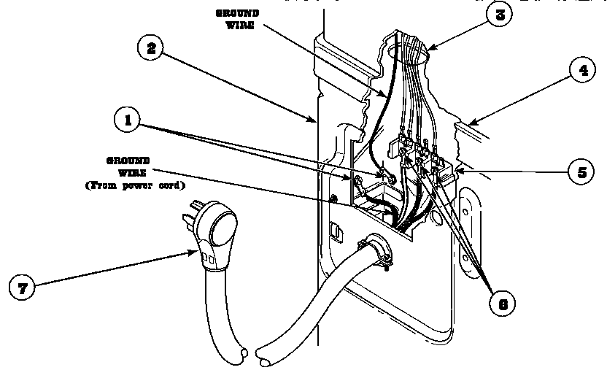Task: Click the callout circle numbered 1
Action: (128, 120)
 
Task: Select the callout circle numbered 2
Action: (150, 49)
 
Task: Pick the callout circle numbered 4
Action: (582, 72)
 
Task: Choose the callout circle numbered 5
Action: (582, 172)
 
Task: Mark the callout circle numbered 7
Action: (23, 288)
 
